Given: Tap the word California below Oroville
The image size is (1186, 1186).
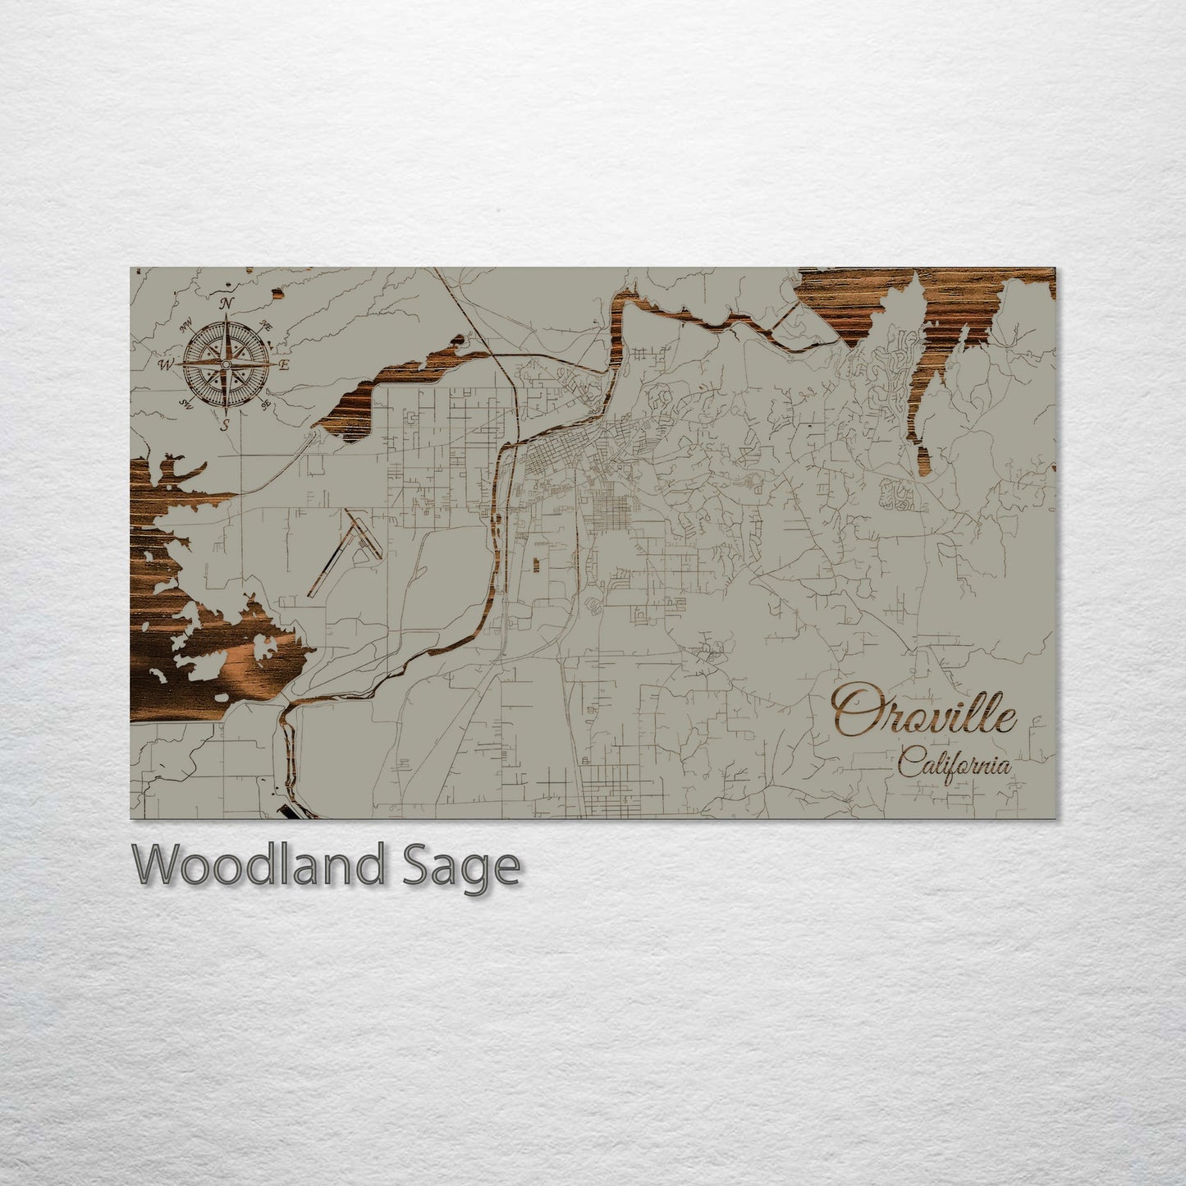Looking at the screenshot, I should coord(954,764).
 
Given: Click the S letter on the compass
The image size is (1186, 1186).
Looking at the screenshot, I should coord(225,423).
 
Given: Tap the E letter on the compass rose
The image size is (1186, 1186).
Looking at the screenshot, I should coord(283,364).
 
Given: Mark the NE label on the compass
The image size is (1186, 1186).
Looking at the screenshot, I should coord(266,326).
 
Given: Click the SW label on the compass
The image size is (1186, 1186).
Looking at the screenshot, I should coord(186,403).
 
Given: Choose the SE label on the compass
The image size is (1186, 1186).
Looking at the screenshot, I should coord(265,404).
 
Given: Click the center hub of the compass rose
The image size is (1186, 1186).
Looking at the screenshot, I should coord(226,364).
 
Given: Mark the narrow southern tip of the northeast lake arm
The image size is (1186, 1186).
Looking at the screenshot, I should coord(922,460).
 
